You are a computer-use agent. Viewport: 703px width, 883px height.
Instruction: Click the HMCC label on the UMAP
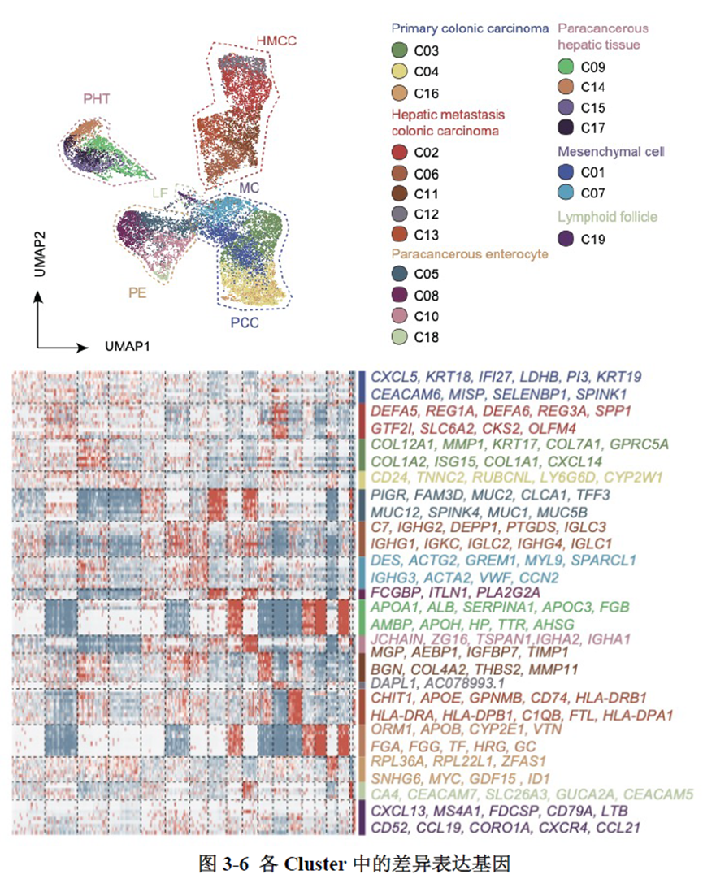(x=276, y=40)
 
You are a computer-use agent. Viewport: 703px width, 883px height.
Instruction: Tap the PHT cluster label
(x=96, y=98)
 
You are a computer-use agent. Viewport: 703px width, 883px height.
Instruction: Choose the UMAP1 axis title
(x=129, y=346)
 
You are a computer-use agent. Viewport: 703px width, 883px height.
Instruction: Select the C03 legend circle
(x=399, y=51)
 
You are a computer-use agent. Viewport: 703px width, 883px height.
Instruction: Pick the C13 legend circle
(x=399, y=235)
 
